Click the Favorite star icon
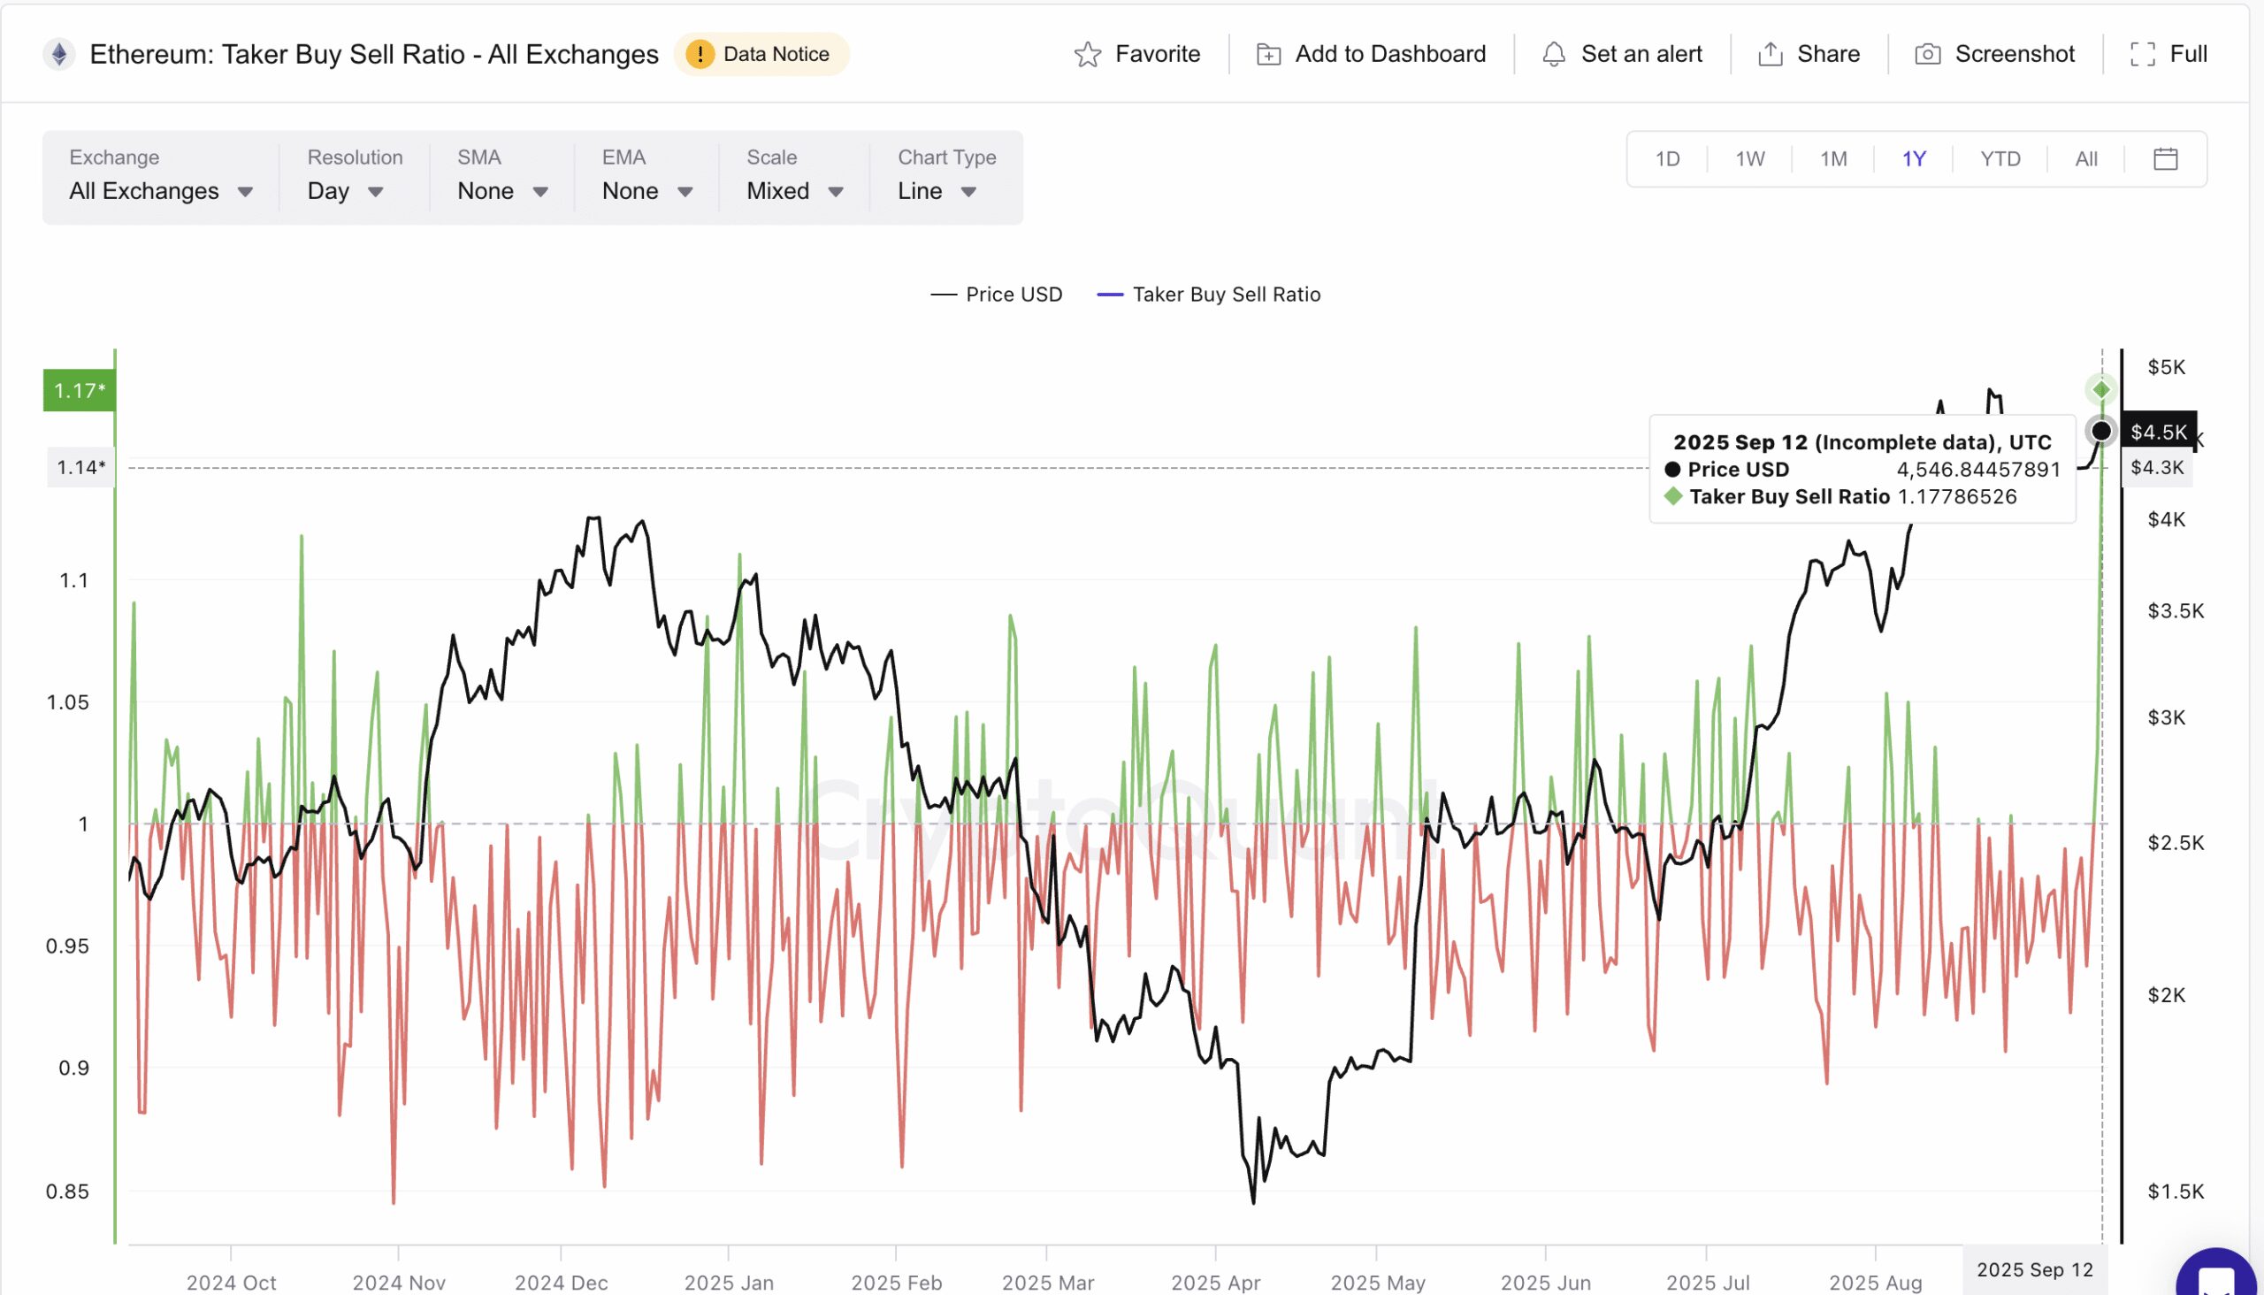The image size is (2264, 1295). coord(1088,55)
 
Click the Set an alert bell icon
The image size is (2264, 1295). coord(1554,55)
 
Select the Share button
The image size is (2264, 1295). coord(1809,54)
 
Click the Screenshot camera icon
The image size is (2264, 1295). coord(1927,55)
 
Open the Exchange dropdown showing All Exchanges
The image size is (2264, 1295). coord(161,191)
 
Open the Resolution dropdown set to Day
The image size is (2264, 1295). coord(345,191)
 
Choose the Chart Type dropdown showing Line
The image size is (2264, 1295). coord(937,191)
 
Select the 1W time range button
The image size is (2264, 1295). coord(1749,159)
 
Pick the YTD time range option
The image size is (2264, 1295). coord(2000,159)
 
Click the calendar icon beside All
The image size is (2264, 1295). coord(2165,159)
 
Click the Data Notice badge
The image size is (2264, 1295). coord(761,54)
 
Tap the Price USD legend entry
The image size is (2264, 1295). coord(997,295)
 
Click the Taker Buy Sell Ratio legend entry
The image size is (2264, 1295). coord(1209,295)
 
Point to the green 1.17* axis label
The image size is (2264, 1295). coord(79,390)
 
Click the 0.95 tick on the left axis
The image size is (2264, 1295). coord(67,946)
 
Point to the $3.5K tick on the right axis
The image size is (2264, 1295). coord(2175,611)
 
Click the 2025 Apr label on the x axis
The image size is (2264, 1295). coord(1215,1283)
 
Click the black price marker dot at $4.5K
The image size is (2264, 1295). coord(2101,432)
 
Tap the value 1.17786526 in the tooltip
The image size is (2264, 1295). coord(1956,496)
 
